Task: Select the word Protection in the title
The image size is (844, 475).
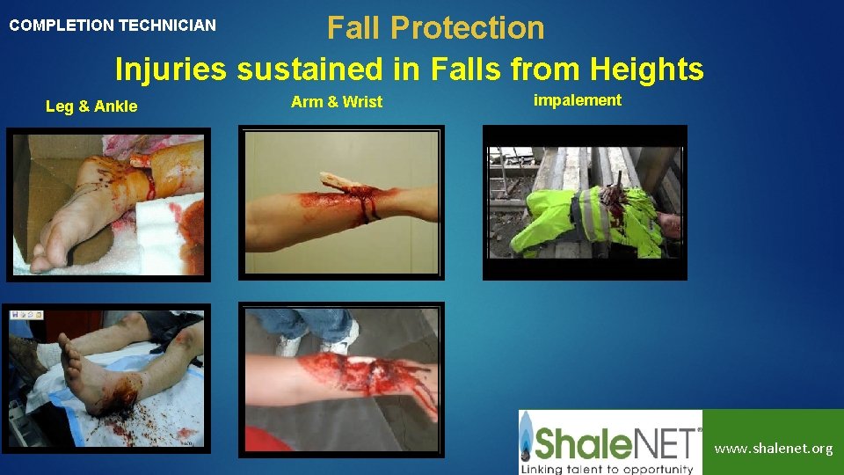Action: pos(467,28)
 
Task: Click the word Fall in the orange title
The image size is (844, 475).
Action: pos(354,28)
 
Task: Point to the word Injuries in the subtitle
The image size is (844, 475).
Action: pos(171,68)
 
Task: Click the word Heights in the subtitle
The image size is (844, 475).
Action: pos(647,68)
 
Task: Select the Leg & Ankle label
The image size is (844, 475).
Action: pos(91,106)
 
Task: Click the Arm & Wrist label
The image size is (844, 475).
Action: pos(337,102)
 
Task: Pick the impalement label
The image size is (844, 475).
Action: pos(578,100)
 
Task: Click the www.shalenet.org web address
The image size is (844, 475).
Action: pos(773,449)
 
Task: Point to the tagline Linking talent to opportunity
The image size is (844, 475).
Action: pos(607,467)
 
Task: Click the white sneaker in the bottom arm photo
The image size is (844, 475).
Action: pos(342,338)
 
